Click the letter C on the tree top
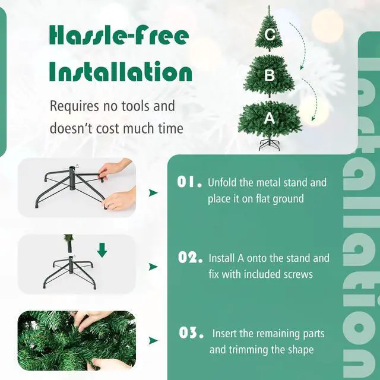[270, 35]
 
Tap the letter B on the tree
[270, 75]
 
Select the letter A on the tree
[270, 118]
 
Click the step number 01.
[190, 182]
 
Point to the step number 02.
[191, 258]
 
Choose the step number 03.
[191, 333]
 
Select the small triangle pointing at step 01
[153, 192]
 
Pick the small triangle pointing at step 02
[153, 267]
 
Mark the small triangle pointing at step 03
[153, 340]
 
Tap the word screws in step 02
[297, 274]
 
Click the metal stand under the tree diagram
[270, 144]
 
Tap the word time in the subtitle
[168, 128]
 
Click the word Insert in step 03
[225, 334]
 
